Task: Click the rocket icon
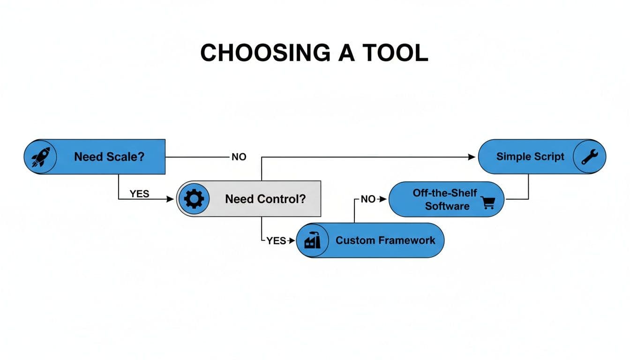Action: click(40, 157)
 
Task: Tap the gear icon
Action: click(194, 199)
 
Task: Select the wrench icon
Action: click(589, 157)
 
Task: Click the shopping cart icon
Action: click(488, 202)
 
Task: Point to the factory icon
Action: click(312, 240)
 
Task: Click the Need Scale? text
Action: click(109, 157)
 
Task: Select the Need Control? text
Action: click(265, 199)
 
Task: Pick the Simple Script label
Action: click(530, 157)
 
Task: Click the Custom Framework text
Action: click(385, 240)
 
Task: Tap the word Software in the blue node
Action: click(447, 206)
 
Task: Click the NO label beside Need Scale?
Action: click(239, 157)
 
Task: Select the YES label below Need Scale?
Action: click(139, 194)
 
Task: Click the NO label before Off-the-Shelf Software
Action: click(368, 199)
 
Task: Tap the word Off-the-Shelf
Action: click(444, 193)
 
